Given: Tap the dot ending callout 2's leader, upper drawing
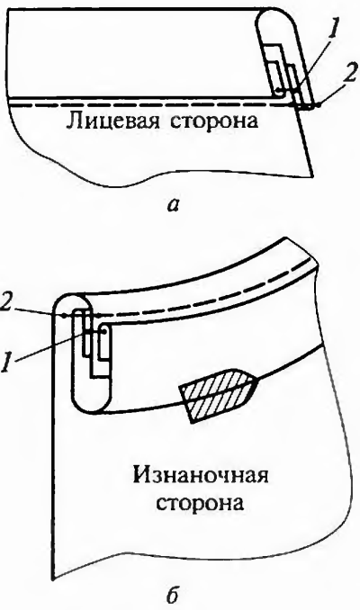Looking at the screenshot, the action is [x=319, y=104].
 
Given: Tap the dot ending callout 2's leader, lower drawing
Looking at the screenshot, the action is [x=64, y=315].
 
